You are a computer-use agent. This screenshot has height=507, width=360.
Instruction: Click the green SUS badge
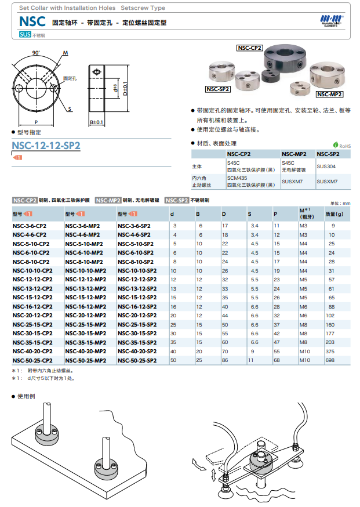(x=25, y=35)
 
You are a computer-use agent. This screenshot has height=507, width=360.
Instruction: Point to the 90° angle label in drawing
(x=36, y=53)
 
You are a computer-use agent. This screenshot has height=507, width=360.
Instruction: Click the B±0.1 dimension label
(x=97, y=122)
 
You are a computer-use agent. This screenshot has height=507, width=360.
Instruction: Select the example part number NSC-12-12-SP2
(x=46, y=146)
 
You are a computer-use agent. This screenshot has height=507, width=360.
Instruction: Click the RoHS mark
(x=342, y=146)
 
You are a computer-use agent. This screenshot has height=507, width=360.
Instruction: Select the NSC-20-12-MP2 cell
(x=85, y=315)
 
